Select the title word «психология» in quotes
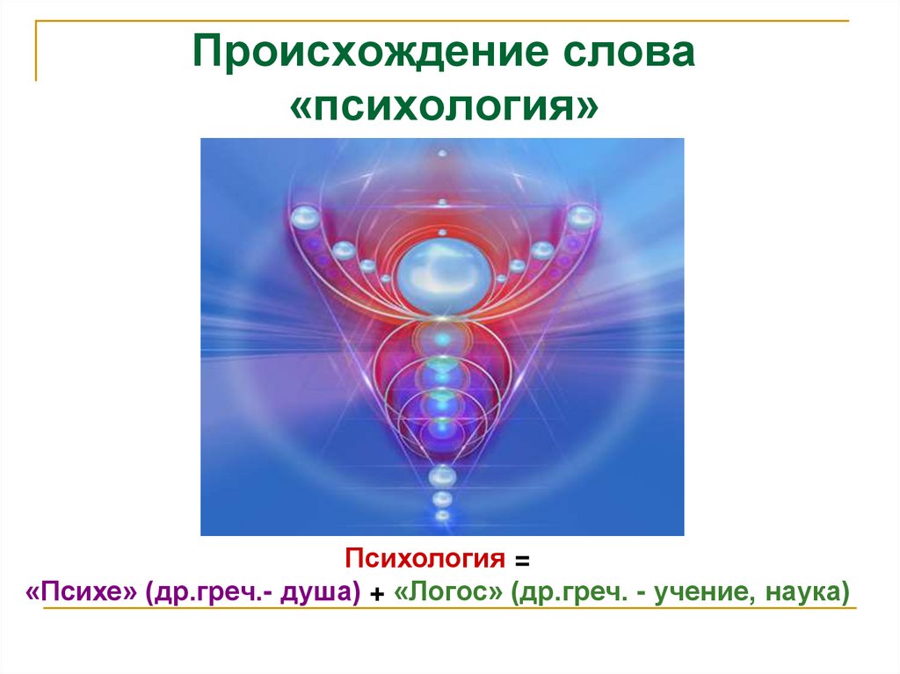[446, 108]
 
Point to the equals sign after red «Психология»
[523, 560]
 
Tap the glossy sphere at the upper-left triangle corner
[303, 217]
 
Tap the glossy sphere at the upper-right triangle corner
[581, 216]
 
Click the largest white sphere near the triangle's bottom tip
[442, 475]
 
